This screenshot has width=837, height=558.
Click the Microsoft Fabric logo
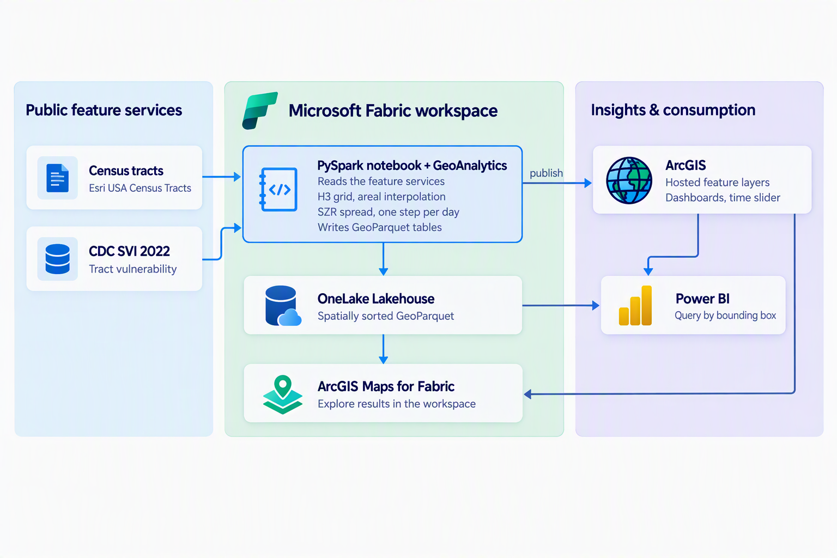click(x=260, y=111)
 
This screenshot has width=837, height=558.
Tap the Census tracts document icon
click(x=58, y=178)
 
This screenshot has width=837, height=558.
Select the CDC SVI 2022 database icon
click(x=58, y=259)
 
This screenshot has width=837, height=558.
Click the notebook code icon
click(x=278, y=190)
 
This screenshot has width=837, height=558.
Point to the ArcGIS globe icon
click(x=629, y=180)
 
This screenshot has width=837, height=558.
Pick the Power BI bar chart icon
click(x=635, y=305)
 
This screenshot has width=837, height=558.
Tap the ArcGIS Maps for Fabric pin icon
click(x=283, y=395)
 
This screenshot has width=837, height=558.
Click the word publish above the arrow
click(x=546, y=173)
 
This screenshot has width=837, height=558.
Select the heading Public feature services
click(x=104, y=110)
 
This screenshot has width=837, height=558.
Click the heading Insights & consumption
click(x=673, y=110)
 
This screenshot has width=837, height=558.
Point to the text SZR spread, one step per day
click(x=388, y=212)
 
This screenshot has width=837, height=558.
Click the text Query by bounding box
click(x=725, y=316)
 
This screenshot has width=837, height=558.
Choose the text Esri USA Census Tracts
click(x=140, y=187)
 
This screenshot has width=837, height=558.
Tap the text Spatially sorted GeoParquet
click(x=386, y=316)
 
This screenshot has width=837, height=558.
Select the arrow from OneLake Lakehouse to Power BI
click(x=561, y=305)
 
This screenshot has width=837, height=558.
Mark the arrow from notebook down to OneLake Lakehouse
click(x=384, y=259)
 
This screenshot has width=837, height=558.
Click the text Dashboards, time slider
click(x=723, y=197)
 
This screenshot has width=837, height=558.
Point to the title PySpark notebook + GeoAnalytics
click(x=412, y=165)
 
